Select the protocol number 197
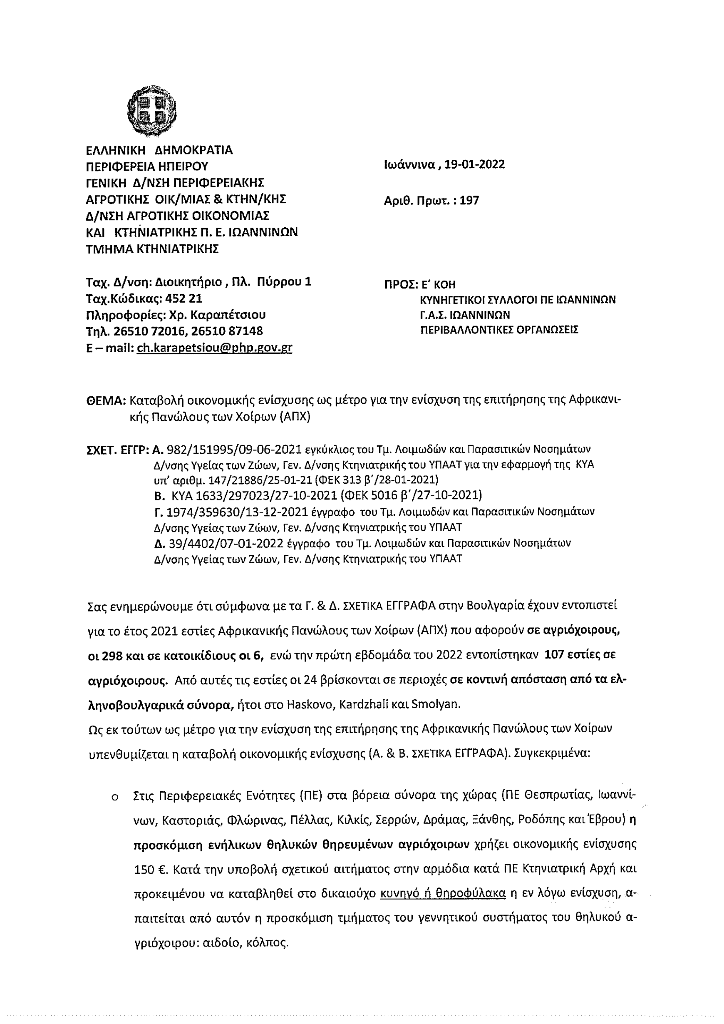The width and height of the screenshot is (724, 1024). click(x=469, y=201)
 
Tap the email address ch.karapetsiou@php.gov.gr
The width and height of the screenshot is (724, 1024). click(x=214, y=348)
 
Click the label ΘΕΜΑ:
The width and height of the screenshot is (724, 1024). click(x=106, y=400)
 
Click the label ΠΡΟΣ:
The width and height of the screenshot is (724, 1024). click(x=401, y=285)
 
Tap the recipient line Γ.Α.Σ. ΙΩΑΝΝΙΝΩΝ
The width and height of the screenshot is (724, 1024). click(x=465, y=315)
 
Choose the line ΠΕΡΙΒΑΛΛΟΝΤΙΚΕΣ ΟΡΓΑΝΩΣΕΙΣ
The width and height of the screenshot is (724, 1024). click(x=499, y=330)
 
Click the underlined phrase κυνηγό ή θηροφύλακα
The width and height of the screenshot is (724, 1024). click(x=443, y=893)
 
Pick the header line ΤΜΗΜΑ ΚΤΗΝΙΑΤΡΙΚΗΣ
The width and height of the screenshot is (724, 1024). click(x=152, y=249)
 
